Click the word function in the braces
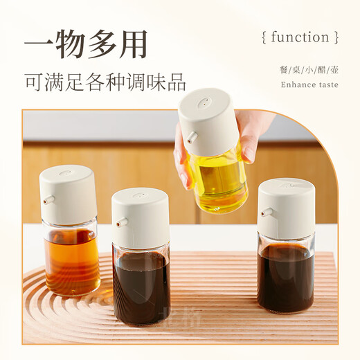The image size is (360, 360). pos(299,37)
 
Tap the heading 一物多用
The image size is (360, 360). pos(87,45)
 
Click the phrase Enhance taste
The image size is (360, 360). pos(309,84)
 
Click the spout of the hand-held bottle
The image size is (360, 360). pos(188,137)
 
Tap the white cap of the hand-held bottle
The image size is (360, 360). pos(208,121)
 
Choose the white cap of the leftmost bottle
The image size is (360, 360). pos(68,194)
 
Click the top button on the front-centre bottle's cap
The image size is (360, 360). pos(139,195)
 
